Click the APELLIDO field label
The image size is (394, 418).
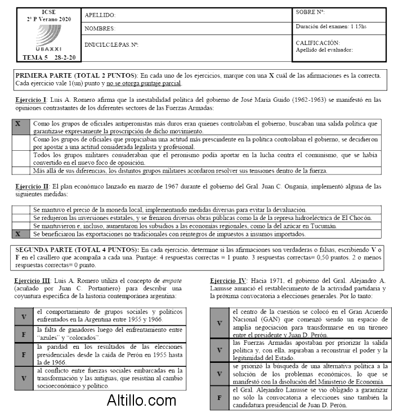100,15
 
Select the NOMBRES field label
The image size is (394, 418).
100,29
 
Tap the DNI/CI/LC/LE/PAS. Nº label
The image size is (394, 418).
111,44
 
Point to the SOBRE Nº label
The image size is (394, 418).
311,12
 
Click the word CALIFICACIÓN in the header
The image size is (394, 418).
317,43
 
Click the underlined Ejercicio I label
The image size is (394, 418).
31,100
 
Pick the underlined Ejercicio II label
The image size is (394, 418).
32,186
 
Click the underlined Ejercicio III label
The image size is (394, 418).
33,280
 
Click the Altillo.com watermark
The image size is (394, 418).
142,401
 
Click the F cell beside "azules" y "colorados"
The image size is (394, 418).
24,334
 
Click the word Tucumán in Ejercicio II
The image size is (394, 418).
324,226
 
